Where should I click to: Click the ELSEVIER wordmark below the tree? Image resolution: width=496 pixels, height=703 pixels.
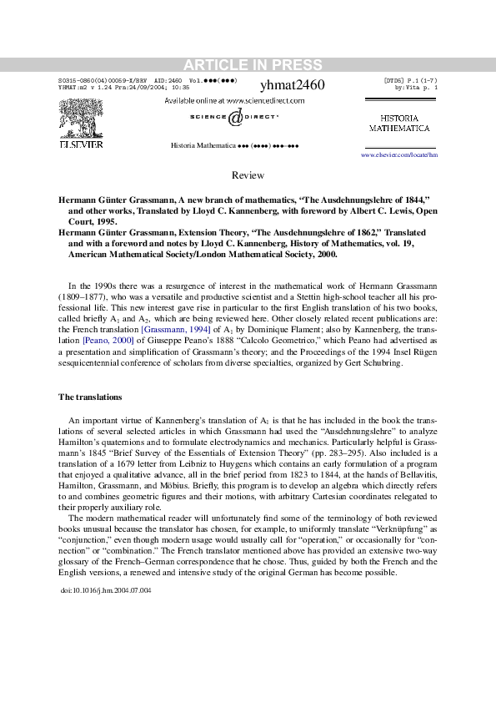click(80, 144)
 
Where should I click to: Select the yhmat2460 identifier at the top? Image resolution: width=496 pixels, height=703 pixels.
click(293, 85)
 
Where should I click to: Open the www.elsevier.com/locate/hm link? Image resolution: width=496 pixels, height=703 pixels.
click(398, 155)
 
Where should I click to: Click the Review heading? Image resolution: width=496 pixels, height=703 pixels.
click(248, 175)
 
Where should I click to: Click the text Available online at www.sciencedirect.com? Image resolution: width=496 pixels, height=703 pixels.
click(234, 100)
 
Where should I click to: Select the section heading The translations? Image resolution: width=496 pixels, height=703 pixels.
click(90, 396)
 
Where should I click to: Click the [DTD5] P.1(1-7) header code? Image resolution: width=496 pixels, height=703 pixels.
click(410, 80)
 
